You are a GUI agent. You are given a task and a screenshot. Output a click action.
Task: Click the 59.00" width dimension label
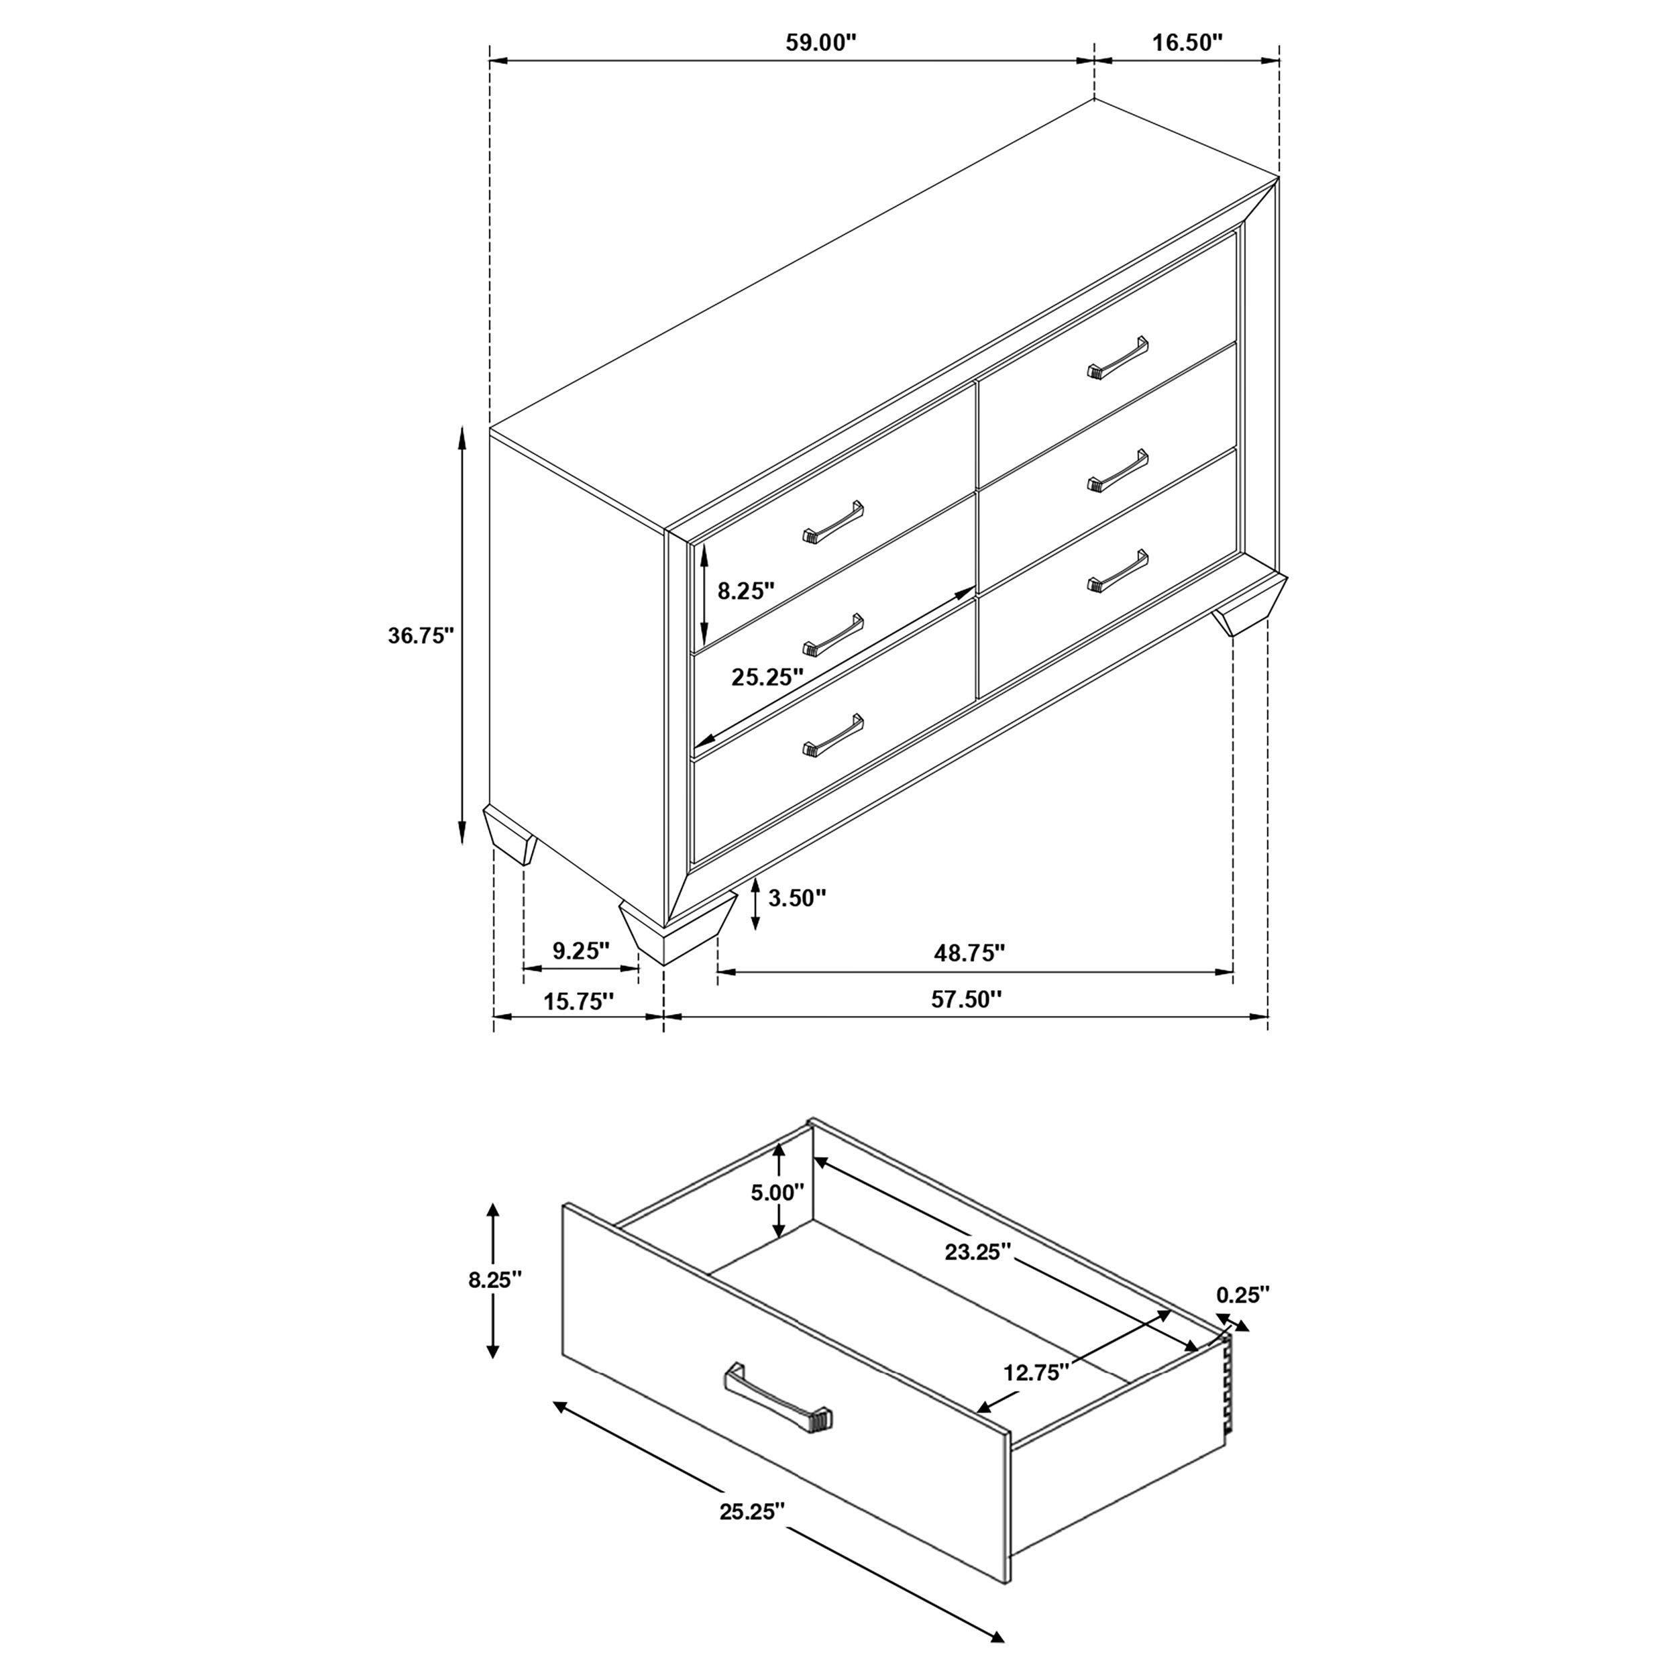pos(820,44)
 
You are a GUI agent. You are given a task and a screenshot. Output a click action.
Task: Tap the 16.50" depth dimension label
pos(1187,44)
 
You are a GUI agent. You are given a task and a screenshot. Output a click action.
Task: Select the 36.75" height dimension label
pos(421,635)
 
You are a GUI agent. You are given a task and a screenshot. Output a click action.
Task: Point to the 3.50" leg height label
pos(797,898)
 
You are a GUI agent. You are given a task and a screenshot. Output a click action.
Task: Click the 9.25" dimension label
pos(582,951)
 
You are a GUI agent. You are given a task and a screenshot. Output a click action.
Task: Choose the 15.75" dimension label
pos(578,1001)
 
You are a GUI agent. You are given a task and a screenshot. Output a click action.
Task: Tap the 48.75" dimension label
pos(969,953)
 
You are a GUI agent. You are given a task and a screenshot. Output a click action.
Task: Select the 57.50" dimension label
pos(966,999)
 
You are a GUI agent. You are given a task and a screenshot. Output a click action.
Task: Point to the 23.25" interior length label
pos(978,1252)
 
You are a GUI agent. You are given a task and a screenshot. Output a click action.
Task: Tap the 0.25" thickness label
pos(1242,1295)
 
